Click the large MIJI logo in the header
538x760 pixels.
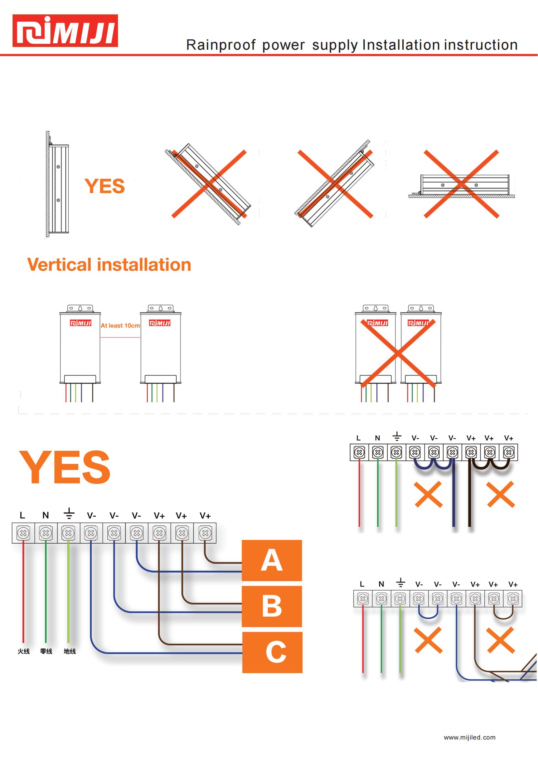pos(65,31)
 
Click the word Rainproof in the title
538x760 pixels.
pos(221,45)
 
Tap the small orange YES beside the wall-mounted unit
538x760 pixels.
pos(105,186)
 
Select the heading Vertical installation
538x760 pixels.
pos(109,265)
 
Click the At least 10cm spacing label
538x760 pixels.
pos(120,326)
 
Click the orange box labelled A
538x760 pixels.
pos(272,560)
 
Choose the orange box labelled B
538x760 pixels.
pos(272,606)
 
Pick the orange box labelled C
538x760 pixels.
pos(272,652)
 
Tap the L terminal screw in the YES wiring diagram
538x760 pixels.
pos(23,533)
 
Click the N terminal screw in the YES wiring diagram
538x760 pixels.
pos(46,533)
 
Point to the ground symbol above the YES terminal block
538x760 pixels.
pos(69,513)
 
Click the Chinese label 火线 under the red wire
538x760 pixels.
pos(23,651)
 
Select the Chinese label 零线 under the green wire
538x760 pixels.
pos(46,651)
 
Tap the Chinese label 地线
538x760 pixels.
pos(70,651)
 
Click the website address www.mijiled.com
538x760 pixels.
pos(470,738)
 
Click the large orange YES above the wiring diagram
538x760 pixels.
pos(65,467)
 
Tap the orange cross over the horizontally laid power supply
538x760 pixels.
pos(462,184)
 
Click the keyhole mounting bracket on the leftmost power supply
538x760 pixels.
pos(80,308)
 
